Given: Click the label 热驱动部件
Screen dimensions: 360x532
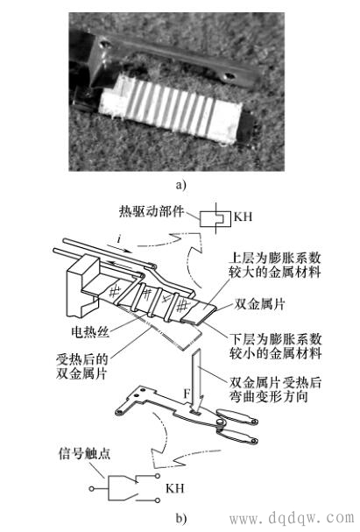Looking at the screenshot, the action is [152, 211].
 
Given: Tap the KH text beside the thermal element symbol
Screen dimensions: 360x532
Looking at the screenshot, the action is [243, 216].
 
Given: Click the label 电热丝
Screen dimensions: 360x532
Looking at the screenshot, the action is [90, 331].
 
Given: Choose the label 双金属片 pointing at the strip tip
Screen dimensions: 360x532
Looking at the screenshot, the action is [259, 304].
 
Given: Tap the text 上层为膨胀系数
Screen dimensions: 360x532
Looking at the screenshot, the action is [274, 258].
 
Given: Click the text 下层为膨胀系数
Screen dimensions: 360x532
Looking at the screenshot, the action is [275, 339].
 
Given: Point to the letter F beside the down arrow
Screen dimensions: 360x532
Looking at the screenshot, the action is [187, 394].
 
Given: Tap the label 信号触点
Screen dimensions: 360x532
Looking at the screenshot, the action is [85, 454].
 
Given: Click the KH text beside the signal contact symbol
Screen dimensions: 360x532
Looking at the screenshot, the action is [175, 488].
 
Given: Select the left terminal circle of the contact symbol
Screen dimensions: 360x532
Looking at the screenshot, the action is [91, 489].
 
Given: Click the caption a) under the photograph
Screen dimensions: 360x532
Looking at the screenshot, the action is [181, 186].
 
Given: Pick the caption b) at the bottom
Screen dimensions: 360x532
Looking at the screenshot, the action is [181, 519].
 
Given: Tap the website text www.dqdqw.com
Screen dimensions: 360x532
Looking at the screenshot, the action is [292, 518].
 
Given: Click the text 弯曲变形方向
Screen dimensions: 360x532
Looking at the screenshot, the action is [269, 396].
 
